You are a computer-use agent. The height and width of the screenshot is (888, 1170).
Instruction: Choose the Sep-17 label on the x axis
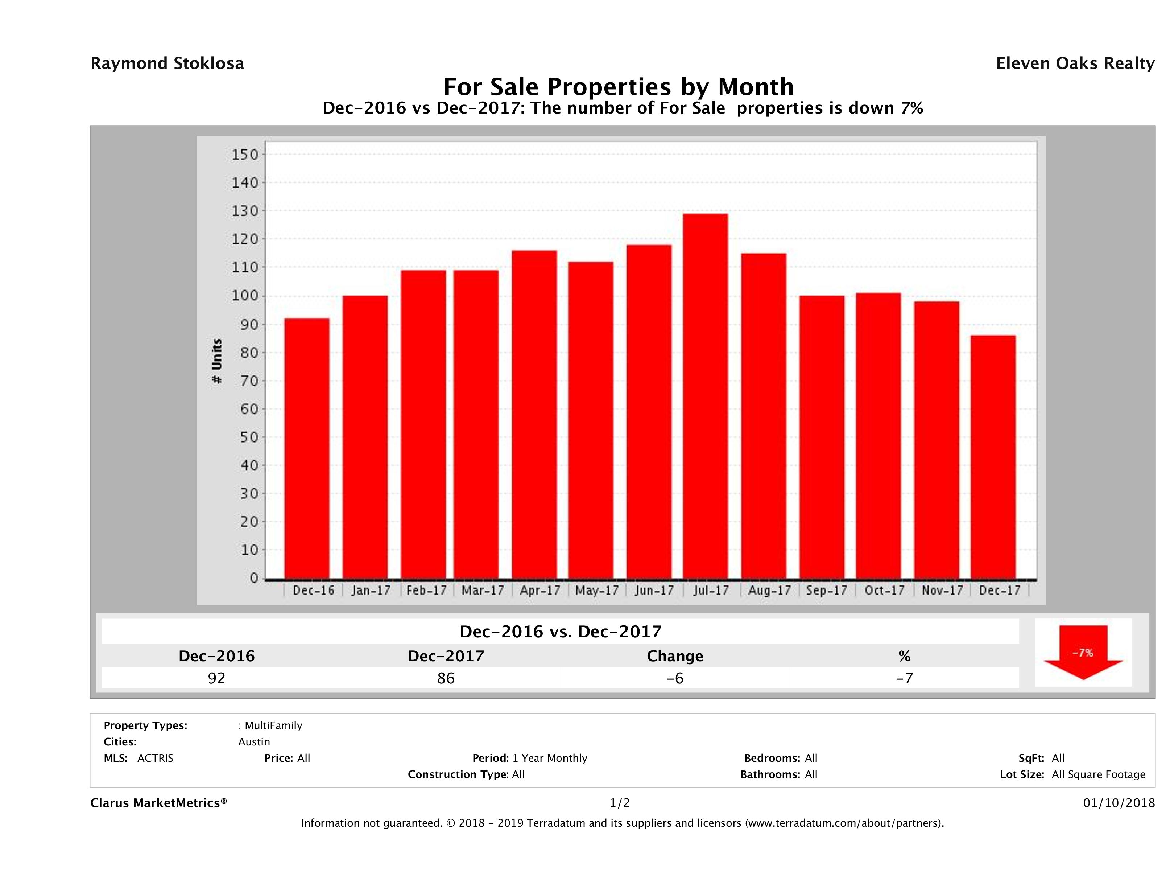tap(826, 591)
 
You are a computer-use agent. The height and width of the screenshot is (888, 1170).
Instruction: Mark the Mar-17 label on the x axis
tap(482, 591)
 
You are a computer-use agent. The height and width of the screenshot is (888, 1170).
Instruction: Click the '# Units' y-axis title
tap(217, 361)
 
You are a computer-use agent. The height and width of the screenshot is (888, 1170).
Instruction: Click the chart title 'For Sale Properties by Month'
tap(618, 86)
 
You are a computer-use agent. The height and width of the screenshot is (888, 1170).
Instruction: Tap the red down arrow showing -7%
tap(1083, 653)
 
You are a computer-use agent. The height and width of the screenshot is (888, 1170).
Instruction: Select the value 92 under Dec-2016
tap(216, 678)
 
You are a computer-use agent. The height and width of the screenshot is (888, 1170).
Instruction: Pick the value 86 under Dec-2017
tap(446, 678)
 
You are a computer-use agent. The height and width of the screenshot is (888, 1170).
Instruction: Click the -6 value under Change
tap(675, 678)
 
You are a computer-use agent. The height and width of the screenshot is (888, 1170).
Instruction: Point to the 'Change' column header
tap(675, 656)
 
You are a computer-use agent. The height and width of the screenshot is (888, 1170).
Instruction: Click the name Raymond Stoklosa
tap(167, 63)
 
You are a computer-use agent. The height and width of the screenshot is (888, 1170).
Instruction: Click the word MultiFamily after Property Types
tap(273, 725)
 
